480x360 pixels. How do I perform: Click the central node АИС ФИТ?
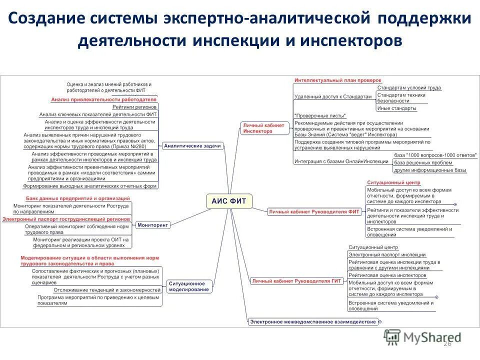click(228, 201)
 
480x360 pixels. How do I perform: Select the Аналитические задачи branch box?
click(192, 146)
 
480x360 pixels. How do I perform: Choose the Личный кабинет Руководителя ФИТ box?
click(314, 211)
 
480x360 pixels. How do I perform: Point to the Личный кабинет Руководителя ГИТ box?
click(297, 281)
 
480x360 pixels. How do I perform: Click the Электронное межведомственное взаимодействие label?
click(313, 321)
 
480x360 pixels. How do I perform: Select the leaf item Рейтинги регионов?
click(134, 107)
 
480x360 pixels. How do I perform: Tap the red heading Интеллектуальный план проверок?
click(337, 80)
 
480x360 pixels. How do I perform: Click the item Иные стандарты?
click(396, 108)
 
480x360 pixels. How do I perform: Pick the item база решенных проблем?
click(422, 162)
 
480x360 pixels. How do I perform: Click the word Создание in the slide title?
click(44, 19)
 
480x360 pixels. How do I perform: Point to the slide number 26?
click(447, 343)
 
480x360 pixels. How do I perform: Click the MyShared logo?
click(422, 338)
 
